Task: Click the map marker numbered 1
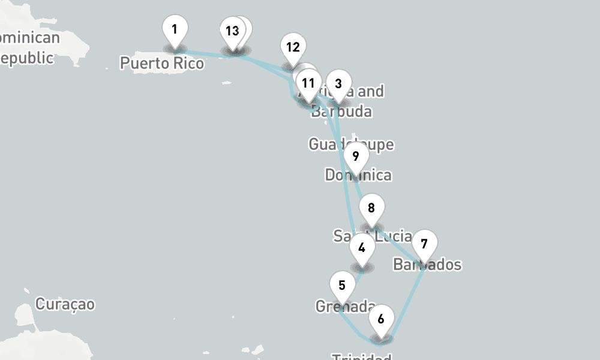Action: tap(175, 29)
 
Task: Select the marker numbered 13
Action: tap(232, 31)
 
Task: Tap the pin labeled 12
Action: tap(293, 47)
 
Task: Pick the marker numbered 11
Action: tap(308, 83)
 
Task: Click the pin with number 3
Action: tap(338, 84)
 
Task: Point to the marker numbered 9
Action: tap(356, 157)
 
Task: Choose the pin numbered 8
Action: tap(371, 208)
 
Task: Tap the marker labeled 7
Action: tap(424, 244)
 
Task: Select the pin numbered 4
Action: tap(361, 247)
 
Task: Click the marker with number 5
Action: tap(342, 285)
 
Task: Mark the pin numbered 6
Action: tap(381, 319)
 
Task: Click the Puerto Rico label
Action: tap(161, 62)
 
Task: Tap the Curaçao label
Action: tap(65, 304)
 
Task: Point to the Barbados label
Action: tap(427, 265)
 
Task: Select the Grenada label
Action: tap(346, 307)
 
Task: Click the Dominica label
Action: tap(358, 175)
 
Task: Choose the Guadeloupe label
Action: tap(351, 144)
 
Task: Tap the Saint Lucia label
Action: tap(373, 236)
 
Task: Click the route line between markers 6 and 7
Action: tap(407, 300)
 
